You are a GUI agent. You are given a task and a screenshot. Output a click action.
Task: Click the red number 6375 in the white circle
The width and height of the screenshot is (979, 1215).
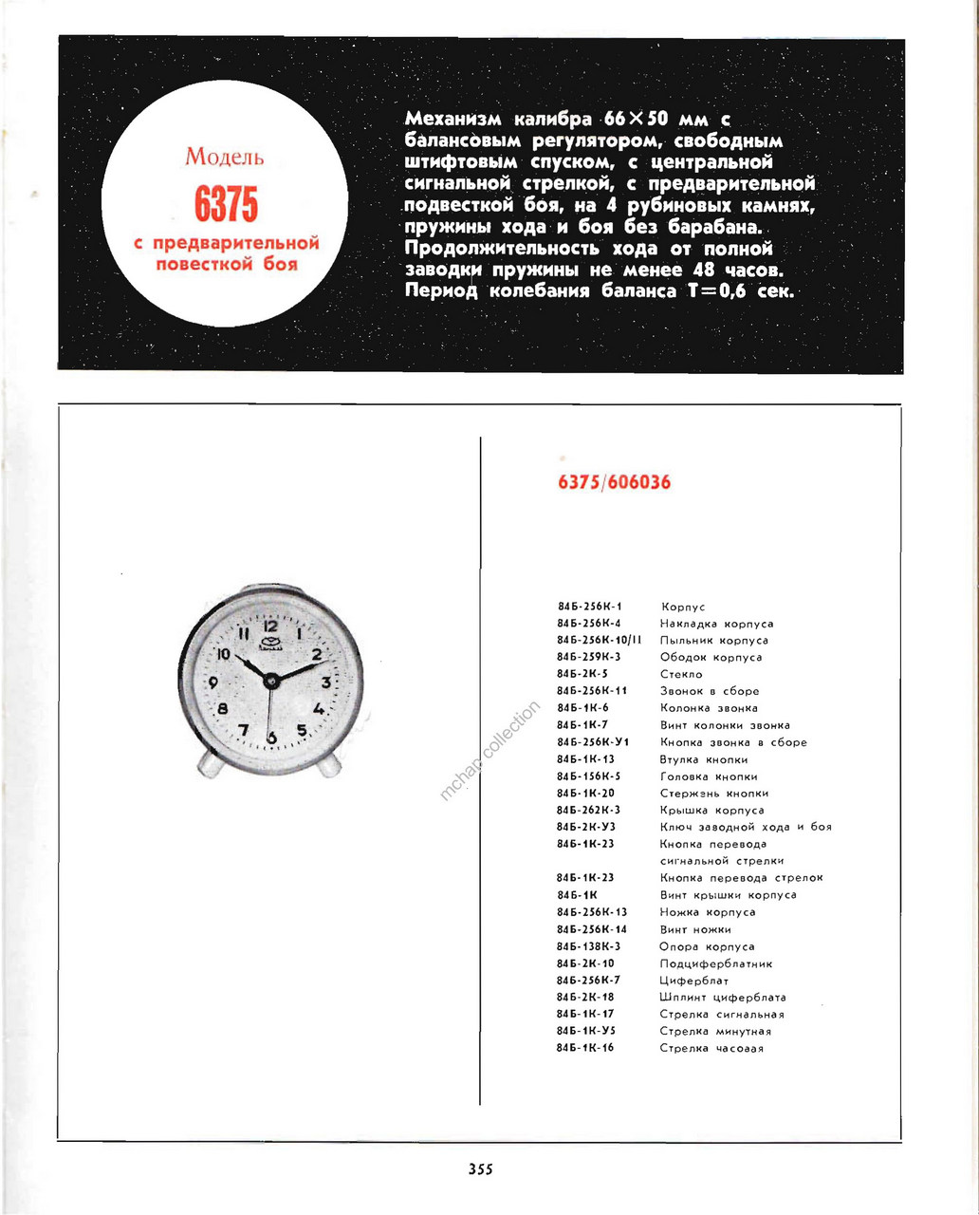(226, 204)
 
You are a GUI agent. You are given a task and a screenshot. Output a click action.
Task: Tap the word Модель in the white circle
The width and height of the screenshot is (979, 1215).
(225, 157)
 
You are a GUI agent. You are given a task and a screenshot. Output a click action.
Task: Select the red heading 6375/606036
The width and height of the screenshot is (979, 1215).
(614, 482)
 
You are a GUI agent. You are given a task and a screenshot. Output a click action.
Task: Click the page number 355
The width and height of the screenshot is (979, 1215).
(480, 1169)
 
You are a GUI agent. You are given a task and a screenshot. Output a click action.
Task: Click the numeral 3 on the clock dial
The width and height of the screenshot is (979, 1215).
(325, 682)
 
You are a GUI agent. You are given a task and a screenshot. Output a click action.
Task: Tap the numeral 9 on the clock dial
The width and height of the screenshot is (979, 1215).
(212, 682)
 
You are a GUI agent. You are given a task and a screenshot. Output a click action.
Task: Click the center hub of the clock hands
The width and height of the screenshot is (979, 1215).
(271, 679)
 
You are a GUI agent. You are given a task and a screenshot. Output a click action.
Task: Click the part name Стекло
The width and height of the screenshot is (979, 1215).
(681, 675)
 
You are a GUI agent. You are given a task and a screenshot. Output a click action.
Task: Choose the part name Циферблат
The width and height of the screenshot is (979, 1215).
(694, 981)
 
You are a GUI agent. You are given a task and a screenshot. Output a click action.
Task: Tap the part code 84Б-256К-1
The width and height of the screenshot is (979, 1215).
(589, 607)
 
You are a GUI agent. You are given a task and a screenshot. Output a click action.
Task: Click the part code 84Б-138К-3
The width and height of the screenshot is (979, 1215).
(589, 946)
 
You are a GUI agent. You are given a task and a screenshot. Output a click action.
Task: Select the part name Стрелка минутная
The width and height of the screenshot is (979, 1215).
(715, 1032)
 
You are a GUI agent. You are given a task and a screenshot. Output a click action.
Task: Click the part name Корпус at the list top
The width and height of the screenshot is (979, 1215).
(682, 607)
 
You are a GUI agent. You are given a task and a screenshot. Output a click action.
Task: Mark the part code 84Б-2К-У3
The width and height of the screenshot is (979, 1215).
(585, 827)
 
